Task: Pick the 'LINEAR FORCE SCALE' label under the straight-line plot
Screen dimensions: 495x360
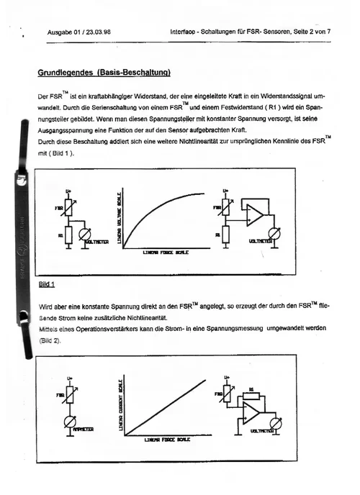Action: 167,439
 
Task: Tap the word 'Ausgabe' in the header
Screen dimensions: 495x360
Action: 60,32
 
